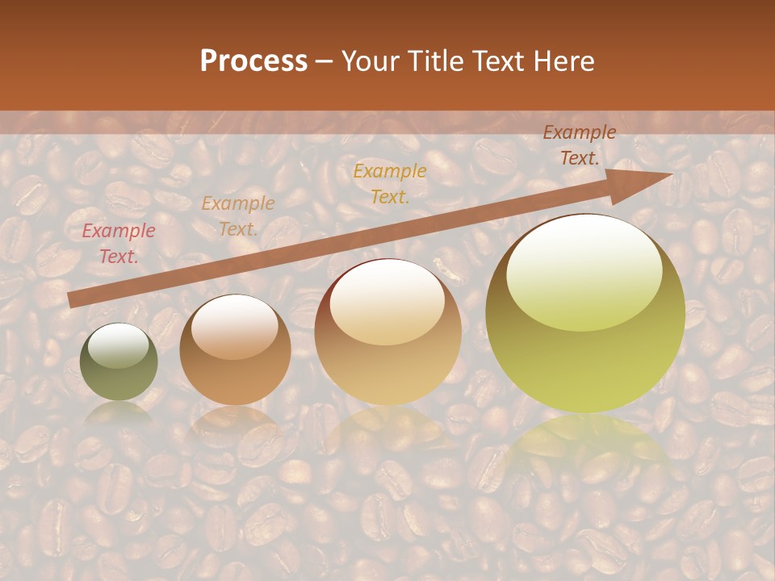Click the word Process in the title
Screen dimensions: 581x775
(253, 61)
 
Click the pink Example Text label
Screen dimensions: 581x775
(119, 244)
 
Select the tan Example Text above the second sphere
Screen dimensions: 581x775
(238, 216)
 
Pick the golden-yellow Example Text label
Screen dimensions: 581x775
(390, 183)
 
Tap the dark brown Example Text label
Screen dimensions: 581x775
(580, 145)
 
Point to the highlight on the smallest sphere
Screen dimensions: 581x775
(119, 345)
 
